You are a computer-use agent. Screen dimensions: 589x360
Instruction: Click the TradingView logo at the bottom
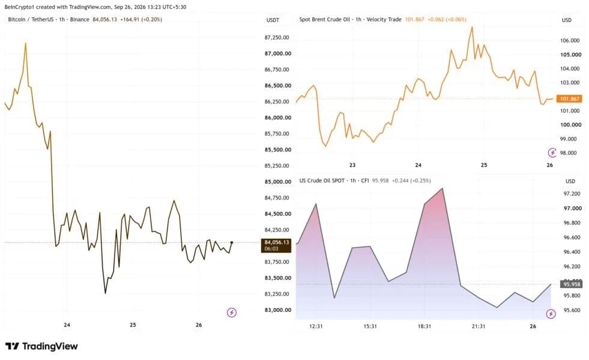pos(41,346)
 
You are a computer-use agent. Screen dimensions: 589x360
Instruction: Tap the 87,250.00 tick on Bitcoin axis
pos(277,38)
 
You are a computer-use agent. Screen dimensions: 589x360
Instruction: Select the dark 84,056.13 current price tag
pos(276,245)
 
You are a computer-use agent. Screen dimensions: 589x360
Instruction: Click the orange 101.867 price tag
pos(569,99)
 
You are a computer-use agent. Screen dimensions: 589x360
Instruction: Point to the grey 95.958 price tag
pos(572,284)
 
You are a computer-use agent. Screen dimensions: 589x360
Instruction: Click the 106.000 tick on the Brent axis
pos(570,41)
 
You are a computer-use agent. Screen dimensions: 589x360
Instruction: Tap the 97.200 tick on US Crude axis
pos(572,194)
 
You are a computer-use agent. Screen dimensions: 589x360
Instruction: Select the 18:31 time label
pos(424,326)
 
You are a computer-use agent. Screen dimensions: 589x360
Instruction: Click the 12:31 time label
pos(316,326)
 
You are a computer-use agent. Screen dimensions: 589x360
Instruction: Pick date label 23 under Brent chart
pos(352,165)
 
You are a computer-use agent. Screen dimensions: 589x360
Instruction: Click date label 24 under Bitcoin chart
pos(67,325)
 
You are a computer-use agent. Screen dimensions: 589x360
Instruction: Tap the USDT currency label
pos(273,20)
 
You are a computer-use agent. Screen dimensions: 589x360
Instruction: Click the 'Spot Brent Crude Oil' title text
pos(325,20)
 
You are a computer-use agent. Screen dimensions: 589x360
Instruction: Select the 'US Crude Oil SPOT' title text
pos(322,181)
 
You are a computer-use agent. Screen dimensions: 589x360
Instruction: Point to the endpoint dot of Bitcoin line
pos(232,242)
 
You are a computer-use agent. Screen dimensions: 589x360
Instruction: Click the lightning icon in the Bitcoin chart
pos(232,313)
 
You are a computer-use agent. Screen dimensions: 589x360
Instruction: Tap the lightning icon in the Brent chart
pos(552,152)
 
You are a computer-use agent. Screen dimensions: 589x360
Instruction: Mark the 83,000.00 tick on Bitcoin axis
pos(277,310)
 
